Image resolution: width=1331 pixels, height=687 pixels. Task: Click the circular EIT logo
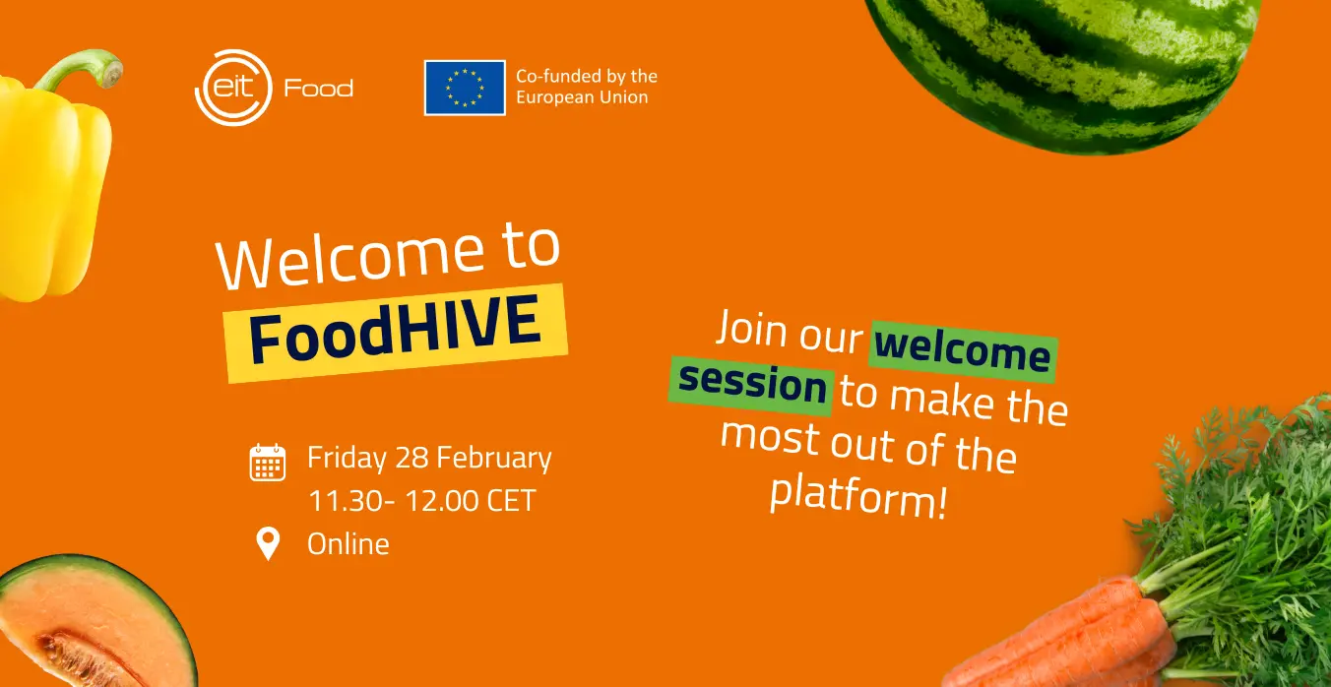pyautogui.click(x=233, y=88)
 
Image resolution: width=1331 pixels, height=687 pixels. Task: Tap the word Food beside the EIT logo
pyautogui.click(x=319, y=89)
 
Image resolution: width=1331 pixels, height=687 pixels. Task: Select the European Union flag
pyautogui.click(x=465, y=88)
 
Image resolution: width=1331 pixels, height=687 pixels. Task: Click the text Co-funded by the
pyautogui.click(x=587, y=76)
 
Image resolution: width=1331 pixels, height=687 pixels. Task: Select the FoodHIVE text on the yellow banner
pyautogui.click(x=395, y=330)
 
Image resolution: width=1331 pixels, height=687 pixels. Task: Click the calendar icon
pyautogui.click(x=268, y=462)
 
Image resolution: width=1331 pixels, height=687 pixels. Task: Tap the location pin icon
pyautogui.click(x=268, y=543)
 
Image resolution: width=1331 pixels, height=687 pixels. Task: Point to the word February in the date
pyautogui.click(x=494, y=459)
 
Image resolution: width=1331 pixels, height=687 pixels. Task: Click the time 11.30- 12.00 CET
pyautogui.click(x=422, y=500)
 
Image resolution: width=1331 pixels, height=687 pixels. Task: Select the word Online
pyautogui.click(x=349, y=543)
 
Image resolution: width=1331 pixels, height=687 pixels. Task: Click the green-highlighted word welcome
pyautogui.click(x=963, y=351)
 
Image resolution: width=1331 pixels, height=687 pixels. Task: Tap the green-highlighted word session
pyautogui.click(x=752, y=385)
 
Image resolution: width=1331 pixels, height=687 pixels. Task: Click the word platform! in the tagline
pyautogui.click(x=858, y=494)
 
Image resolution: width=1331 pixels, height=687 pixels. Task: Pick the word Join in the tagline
pyautogui.click(x=752, y=330)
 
